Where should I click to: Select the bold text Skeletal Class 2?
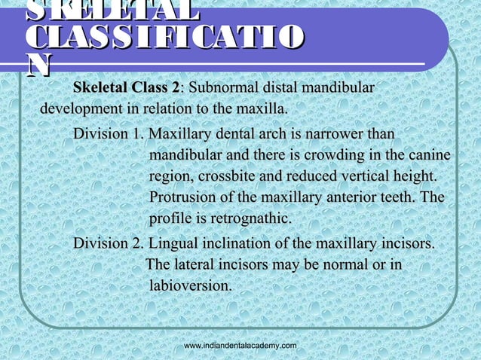point(128,87)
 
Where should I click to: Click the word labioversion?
point(191,285)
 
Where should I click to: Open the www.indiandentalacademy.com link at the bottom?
point(240,344)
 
